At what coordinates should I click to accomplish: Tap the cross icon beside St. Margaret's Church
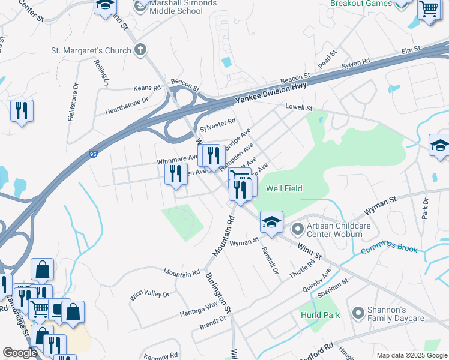140,50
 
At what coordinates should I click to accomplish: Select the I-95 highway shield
92,154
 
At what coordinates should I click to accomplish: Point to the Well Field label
284,188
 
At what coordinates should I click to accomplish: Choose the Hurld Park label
320,315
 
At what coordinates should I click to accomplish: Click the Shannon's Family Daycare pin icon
358,313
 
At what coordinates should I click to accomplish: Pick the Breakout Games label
361,3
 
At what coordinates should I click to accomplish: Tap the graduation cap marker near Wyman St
271,222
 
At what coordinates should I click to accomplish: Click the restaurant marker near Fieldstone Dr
22,111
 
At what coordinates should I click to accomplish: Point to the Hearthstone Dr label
127,101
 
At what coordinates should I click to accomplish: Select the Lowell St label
300,107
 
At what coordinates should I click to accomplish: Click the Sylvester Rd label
217,123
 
